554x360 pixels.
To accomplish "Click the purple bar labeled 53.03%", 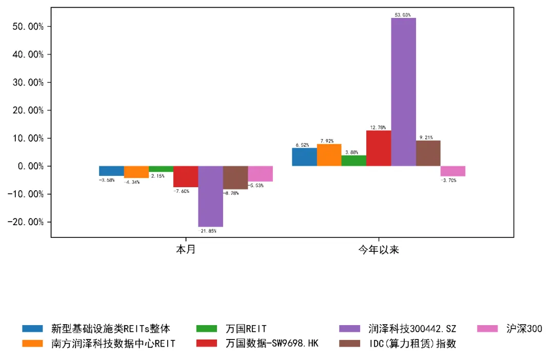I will [404, 92].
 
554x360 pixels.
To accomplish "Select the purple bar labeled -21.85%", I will [210, 196].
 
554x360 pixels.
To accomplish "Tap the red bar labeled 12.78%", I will [379, 148].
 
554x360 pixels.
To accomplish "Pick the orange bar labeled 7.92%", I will [329, 155].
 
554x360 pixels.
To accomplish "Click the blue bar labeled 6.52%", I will [305, 157].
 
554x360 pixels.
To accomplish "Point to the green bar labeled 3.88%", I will [354, 161].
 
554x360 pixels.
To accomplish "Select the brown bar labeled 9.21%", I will [428, 153].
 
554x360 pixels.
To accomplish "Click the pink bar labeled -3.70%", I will [453, 171].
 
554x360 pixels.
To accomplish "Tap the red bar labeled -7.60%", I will [186, 176].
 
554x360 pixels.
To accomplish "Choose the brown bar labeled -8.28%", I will [235, 177].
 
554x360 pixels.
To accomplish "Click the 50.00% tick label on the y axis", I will [27, 27].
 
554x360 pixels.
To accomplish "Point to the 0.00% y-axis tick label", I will [29, 166].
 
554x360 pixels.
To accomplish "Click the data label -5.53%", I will [255, 185].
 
